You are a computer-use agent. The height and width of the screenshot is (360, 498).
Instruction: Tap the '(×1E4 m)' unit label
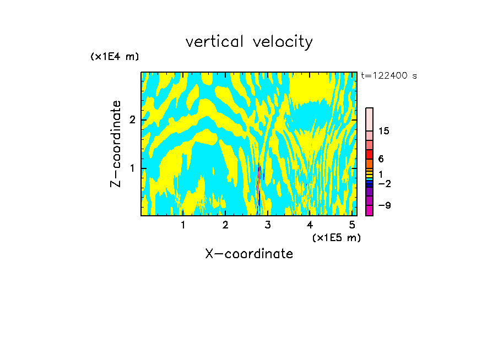(115, 57)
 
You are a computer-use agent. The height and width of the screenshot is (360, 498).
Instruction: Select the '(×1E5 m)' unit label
(336, 237)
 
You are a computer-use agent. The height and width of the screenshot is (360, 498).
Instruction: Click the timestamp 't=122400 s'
(388, 75)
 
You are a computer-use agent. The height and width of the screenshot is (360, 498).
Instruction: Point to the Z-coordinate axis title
(116, 144)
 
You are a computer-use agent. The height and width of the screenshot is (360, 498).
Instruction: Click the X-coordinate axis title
(249, 254)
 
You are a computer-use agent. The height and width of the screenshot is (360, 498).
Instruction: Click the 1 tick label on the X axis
(183, 225)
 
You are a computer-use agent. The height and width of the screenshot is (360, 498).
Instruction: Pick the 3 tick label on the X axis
(267, 225)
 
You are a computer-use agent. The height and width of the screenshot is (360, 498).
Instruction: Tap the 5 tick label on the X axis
(352, 225)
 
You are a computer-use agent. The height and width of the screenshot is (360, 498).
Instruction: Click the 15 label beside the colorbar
(384, 131)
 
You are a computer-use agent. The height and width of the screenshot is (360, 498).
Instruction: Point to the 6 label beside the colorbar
(381, 159)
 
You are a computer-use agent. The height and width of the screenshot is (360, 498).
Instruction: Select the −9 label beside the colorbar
(384, 205)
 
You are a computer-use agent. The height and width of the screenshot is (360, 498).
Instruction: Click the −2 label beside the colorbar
(384, 183)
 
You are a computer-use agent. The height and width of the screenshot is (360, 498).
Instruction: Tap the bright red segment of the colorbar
(369, 154)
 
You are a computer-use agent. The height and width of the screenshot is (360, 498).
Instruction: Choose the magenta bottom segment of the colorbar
(369, 210)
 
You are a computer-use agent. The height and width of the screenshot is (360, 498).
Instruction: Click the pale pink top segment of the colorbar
(369, 119)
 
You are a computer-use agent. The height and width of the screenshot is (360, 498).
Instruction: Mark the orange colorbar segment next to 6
(369, 163)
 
